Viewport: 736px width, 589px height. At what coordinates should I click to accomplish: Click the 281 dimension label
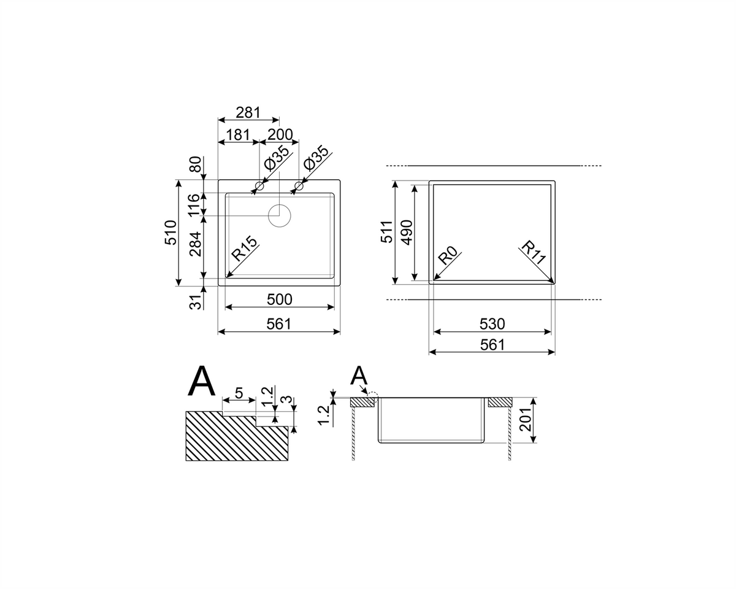coord(248,113)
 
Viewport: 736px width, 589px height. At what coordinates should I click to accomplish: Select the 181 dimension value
coord(238,134)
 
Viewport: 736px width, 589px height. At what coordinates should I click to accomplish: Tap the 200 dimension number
coord(280,134)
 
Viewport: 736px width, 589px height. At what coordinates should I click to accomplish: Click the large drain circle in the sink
coord(280,216)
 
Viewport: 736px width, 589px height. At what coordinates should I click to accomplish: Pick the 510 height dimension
coord(171,233)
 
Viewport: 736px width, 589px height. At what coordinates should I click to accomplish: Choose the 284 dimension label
coord(196,244)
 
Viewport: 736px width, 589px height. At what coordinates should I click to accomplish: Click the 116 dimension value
coord(194,204)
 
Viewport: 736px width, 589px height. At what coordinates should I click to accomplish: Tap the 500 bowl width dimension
coord(280,299)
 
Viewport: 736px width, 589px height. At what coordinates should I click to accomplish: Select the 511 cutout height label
coord(387,232)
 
